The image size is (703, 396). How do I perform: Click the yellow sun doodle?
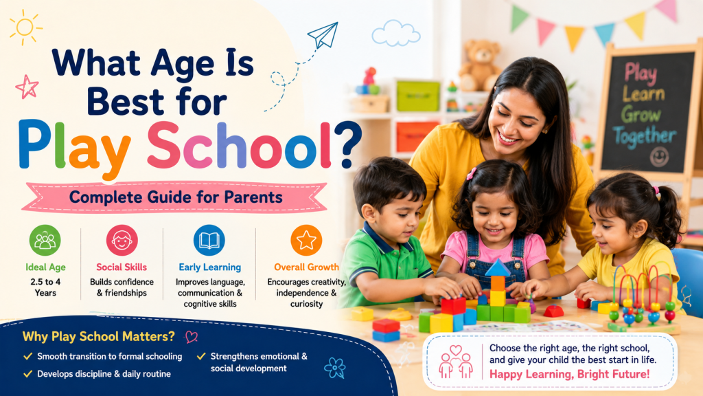click(25, 27)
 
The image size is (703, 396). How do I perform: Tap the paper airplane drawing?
click(323, 35)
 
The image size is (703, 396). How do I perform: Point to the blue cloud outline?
click(396, 33)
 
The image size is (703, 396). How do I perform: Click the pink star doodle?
click(27, 87)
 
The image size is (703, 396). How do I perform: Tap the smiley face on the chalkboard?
click(659, 157)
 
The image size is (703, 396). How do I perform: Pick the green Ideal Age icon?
click(45, 241)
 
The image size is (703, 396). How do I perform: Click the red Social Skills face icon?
click(122, 241)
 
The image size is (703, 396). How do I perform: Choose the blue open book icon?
click(209, 241)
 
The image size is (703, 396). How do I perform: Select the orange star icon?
click(306, 241)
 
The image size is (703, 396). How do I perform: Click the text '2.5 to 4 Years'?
click(45, 287)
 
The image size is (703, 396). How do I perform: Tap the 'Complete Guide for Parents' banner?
click(175, 197)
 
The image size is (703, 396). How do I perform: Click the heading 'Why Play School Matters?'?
click(99, 336)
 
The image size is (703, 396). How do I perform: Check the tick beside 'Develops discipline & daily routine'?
click(27, 373)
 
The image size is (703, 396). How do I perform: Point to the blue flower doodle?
click(335, 368)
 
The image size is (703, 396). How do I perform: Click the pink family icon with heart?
click(456, 361)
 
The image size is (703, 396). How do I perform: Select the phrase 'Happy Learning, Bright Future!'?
click(569, 374)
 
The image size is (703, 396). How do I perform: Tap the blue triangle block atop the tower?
click(498, 268)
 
